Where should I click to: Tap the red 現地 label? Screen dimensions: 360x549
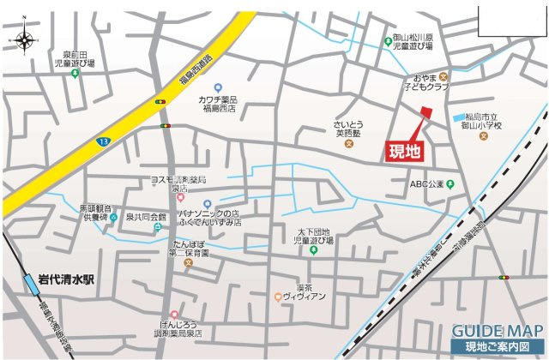[x=405, y=152]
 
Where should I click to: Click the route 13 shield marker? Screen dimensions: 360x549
[x=103, y=141]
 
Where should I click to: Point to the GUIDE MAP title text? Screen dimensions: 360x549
[x=497, y=331]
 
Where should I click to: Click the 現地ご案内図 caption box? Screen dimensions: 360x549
[x=498, y=346]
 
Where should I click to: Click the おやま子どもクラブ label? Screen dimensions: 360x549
[x=426, y=82]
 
